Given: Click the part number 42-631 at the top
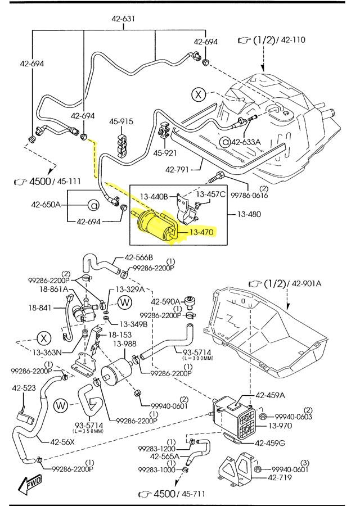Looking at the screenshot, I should coord(123,19).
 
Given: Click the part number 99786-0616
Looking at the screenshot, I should coord(247,196).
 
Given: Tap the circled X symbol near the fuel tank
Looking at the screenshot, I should coord(199,94).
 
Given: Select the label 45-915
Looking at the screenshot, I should coord(121,121).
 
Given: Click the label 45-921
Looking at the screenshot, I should coord(165,152).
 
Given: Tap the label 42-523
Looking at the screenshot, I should coord(24,388).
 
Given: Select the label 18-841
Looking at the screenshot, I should coord(40,308).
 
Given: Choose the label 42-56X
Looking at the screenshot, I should coord(62,441).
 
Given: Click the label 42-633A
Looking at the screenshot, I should coord(246,142).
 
